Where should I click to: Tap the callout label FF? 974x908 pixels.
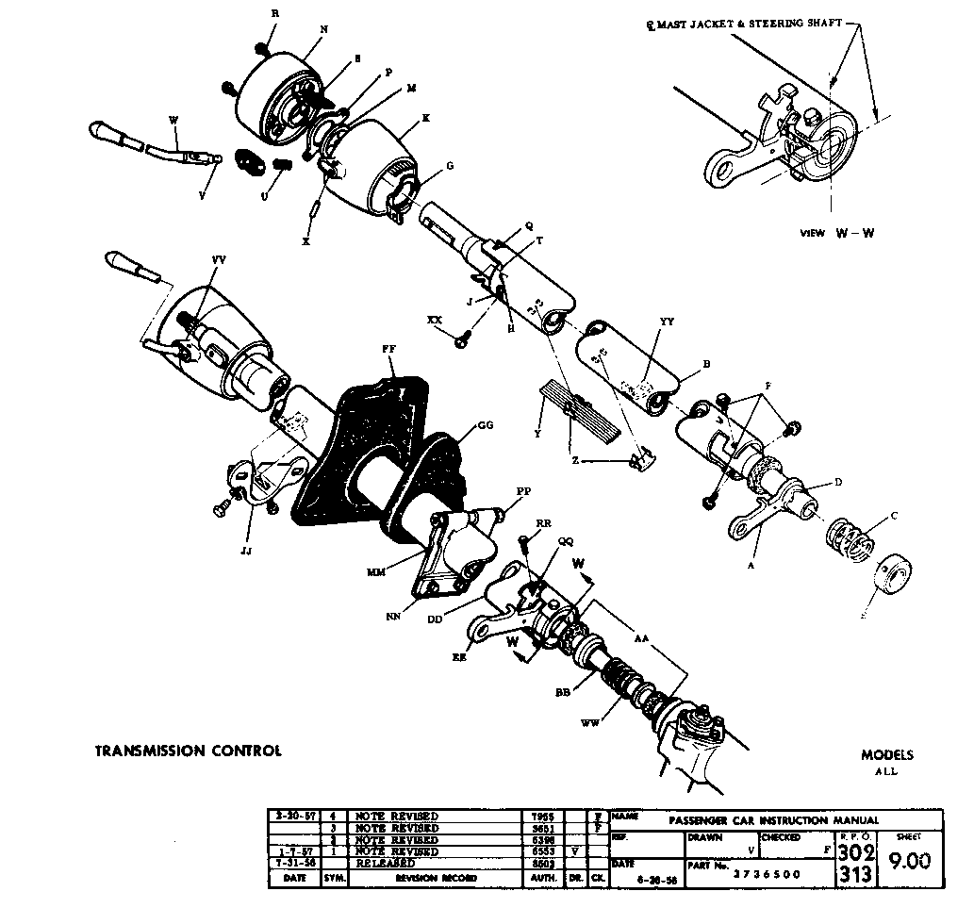pos(388,348)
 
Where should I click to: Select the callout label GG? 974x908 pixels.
pos(486,425)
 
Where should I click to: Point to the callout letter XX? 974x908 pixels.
pos(435,322)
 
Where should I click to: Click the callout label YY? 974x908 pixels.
pos(668,322)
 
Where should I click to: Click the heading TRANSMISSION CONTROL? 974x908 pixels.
pos(188,751)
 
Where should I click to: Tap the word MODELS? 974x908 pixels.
pos(886,755)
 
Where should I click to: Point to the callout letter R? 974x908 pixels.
pos(275,13)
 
